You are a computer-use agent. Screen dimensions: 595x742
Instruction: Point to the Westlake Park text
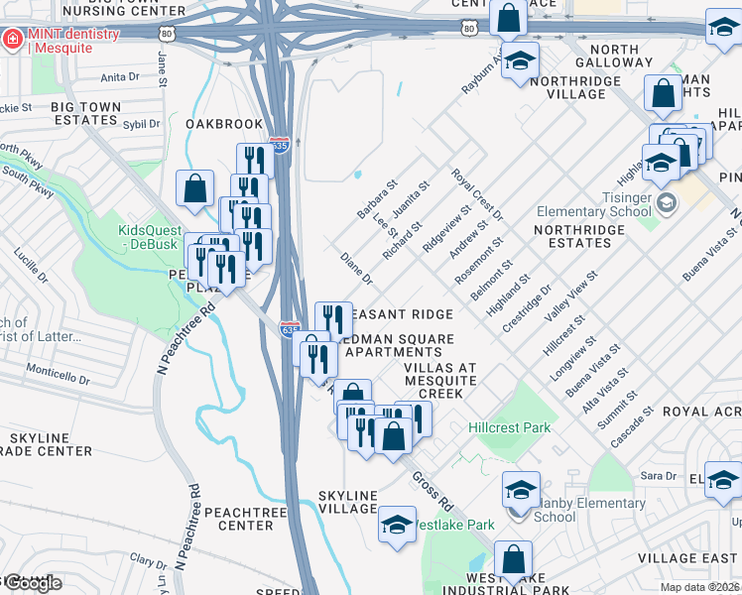pos(453,524)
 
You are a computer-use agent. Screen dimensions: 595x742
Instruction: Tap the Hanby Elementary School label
pos(575,510)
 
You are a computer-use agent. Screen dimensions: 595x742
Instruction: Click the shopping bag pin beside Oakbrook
pos(195,186)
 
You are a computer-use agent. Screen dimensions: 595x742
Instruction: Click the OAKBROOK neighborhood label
pos(224,124)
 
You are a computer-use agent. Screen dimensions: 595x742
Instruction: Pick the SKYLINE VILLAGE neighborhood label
pos(347,502)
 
